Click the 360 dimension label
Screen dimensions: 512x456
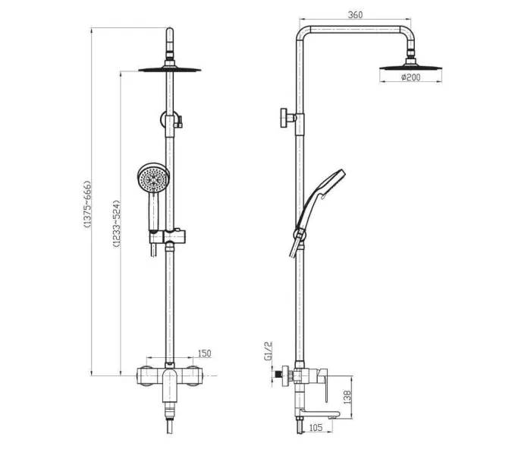[355, 15]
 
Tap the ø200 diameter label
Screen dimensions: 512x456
[411, 78]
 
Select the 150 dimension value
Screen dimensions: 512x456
[205, 353]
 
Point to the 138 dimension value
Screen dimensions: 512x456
[347, 397]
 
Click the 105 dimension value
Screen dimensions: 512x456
[316, 428]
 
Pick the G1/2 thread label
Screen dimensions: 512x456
[268, 351]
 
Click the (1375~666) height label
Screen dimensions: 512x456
[87, 204]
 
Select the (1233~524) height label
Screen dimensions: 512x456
[117, 223]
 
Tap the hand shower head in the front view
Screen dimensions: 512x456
[152, 179]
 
